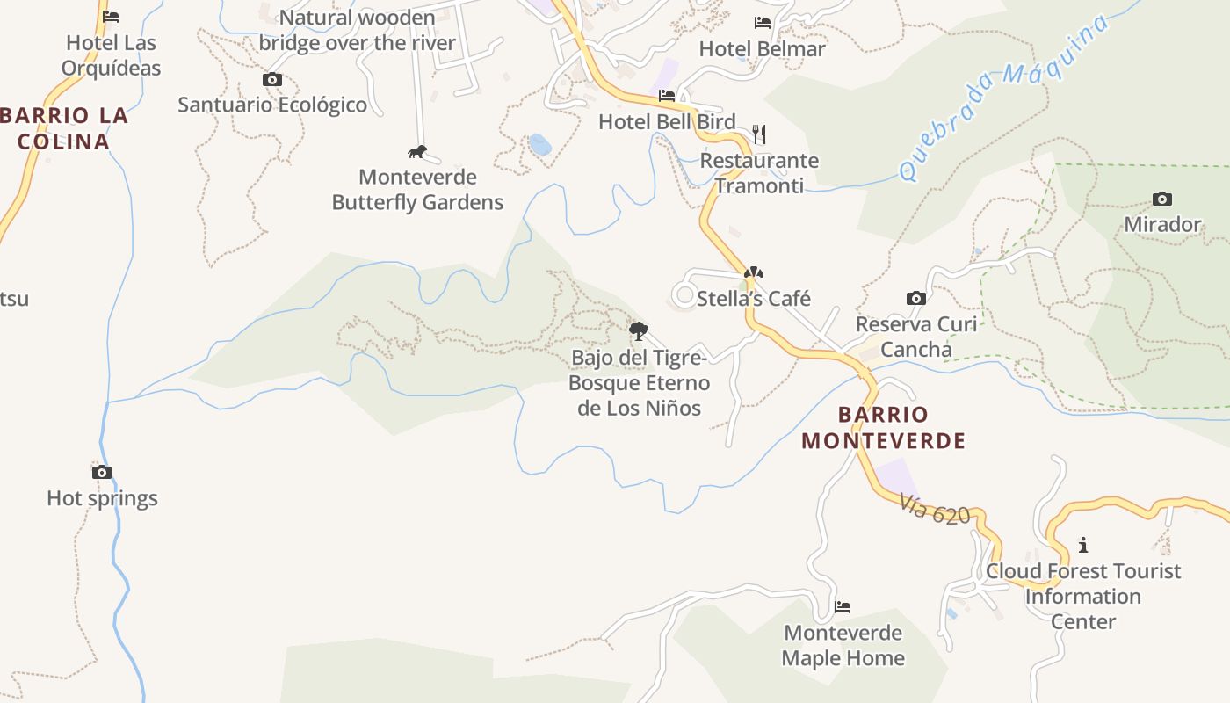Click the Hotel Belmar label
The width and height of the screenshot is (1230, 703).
click(762, 48)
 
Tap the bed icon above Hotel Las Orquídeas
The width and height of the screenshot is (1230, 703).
click(111, 16)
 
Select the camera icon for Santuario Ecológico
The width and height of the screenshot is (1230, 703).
click(272, 79)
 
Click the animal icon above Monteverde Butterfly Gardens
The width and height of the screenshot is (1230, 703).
click(417, 152)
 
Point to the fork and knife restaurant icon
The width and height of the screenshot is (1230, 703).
click(759, 134)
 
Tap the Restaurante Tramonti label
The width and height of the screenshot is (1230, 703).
click(759, 173)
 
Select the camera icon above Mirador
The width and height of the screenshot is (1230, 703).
click(1162, 199)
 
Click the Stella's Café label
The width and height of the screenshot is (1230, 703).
click(753, 299)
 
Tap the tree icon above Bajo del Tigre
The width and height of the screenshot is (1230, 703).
click(639, 331)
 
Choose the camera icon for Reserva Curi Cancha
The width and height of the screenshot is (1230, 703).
click(916, 298)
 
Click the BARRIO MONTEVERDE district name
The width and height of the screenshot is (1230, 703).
click(884, 427)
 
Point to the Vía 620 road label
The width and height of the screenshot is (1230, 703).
click(934, 509)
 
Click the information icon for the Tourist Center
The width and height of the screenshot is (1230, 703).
click(1083, 545)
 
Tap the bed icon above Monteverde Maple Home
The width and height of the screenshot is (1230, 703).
click(843, 606)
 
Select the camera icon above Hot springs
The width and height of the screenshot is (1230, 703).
click(102, 472)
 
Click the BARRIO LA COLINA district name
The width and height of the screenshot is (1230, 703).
click(63, 128)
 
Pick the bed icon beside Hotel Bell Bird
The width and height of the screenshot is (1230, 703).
click(667, 96)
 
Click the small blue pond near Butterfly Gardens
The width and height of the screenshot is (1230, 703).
click(539, 144)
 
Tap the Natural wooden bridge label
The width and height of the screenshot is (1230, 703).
click(358, 30)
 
